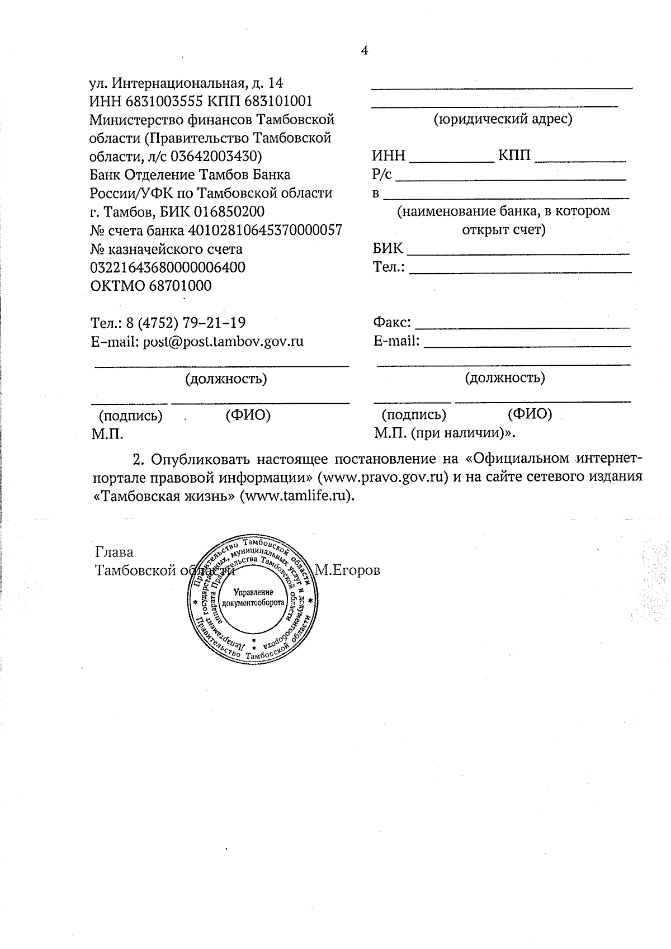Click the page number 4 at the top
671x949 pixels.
pyautogui.click(x=365, y=51)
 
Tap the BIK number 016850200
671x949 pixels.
pyautogui.click(x=229, y=212)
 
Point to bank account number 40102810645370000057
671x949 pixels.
pyautogui.click(x=265, y=230)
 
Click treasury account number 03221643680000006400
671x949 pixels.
pyautogui.click(x=168, y=267)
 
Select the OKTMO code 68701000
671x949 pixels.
pyautogui.click(x=180, y=286)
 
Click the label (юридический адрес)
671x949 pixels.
pyautogui.click(x=503, y=119)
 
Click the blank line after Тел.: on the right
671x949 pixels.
pyautogui.click(x=520, y=271)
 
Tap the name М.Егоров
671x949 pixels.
pyautogui.click(x=347, y=570)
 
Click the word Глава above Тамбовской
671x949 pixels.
pyautogui.click(x=115, y=553)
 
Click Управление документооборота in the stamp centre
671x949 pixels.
pyautogui.click(x=253, y=597)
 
